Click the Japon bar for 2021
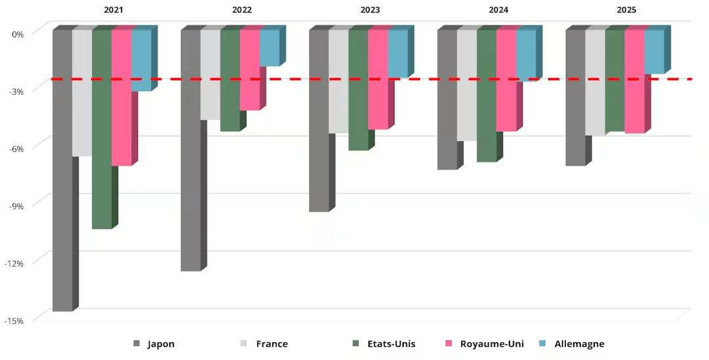pyautogui.click(x=62, y=171)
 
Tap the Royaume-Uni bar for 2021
pyautogui.click(x=121, y=98)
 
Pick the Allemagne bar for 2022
pyautogui.click(x=269, y=48)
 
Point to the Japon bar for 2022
pyautogui.click(x=190, y=150)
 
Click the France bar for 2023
pyautogui.click(x=338, y=81)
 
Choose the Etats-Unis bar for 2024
pyautogui.click(x=486, y=96)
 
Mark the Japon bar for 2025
pyautogui.click(x=575, y=98)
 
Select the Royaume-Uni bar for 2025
pyautogui.click(x=634, y=82)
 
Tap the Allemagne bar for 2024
pyautogui.click(x=526, y=55)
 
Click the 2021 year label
pyautogui.click(x=113, y=11)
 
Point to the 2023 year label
pyautogui.click(x=370, y=11)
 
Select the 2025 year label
pyautogui.click(x=626, y=11)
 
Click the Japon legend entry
pyautogui.click(x=154, y=344)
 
